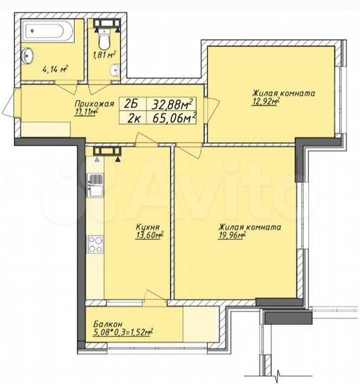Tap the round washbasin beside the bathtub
point(29,55)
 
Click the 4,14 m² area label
point(55,69)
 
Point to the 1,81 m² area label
point(104,53)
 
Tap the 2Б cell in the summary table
point(132,104)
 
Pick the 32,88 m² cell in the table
point(173,104)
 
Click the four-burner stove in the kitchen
point(94,245)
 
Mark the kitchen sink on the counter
point(94,187)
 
